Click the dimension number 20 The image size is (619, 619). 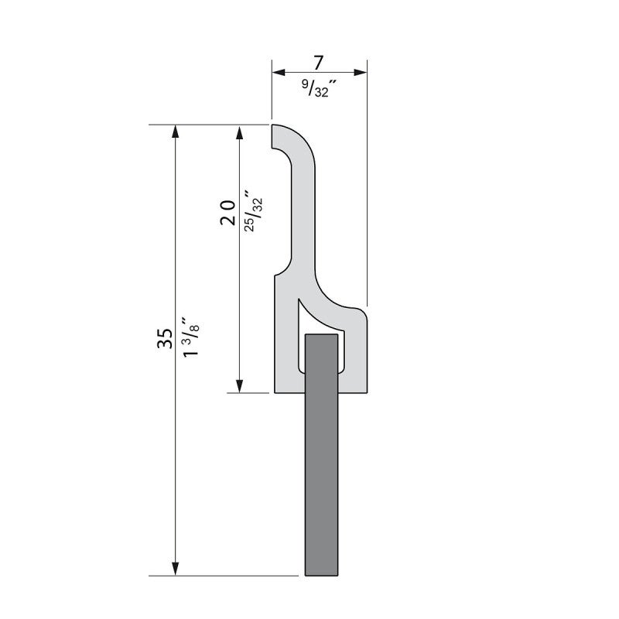(x=227, y=211)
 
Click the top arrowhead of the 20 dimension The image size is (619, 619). (x=240, y=132)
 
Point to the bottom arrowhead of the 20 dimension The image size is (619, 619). (x=240, y=385)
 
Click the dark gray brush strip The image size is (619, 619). (x=322, y=464)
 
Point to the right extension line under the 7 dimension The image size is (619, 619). (x=366, y=193)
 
